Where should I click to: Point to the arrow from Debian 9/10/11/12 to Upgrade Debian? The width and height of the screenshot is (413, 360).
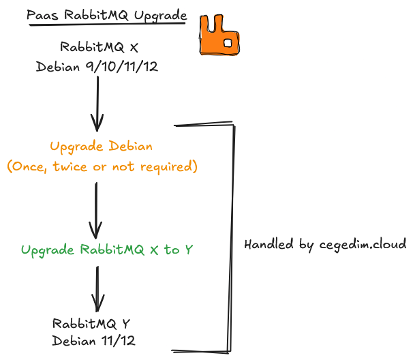click(97, 102)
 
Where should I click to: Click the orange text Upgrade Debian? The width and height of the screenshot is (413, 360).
click(101, 146)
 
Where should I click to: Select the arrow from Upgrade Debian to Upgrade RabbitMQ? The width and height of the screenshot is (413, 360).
click(97, 208)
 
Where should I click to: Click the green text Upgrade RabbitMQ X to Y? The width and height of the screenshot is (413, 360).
click(107, 250)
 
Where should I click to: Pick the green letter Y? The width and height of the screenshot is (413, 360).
click(189, 250)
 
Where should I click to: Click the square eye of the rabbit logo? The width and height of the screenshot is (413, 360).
click(228, 43)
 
